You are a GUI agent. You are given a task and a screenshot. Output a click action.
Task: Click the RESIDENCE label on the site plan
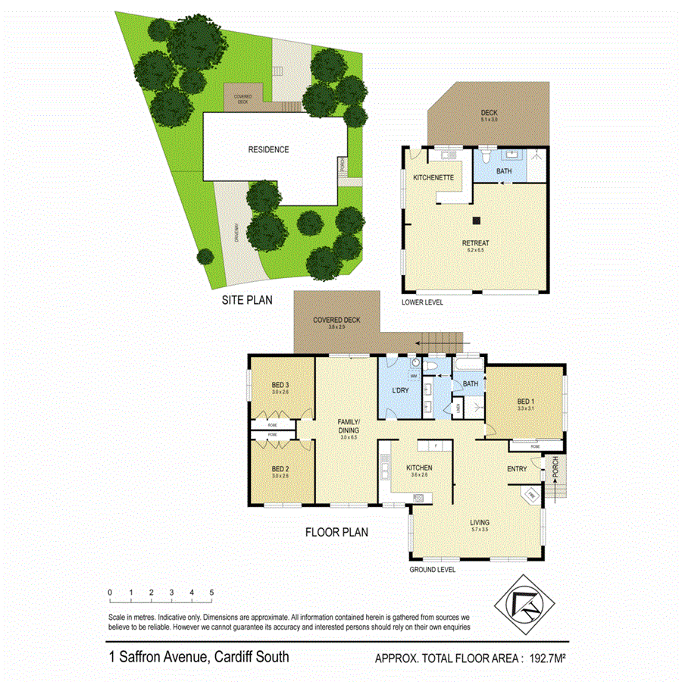268,149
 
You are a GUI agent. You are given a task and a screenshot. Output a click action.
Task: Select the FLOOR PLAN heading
336,532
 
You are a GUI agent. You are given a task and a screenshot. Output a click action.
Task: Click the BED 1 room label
526,402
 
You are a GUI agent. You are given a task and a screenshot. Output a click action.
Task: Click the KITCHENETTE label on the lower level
433,177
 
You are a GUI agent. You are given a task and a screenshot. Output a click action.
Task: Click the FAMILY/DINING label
349,426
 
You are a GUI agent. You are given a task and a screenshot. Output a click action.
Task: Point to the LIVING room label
479,522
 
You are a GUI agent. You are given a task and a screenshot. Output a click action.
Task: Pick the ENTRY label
517,469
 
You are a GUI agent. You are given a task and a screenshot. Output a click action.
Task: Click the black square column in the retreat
477,221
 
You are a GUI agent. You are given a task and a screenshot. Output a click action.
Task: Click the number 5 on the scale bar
211,592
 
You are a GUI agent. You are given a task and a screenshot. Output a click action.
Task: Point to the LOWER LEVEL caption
423,302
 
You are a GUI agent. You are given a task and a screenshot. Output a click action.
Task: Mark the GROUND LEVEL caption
432,570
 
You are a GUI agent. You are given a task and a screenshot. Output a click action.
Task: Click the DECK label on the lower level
489,113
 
